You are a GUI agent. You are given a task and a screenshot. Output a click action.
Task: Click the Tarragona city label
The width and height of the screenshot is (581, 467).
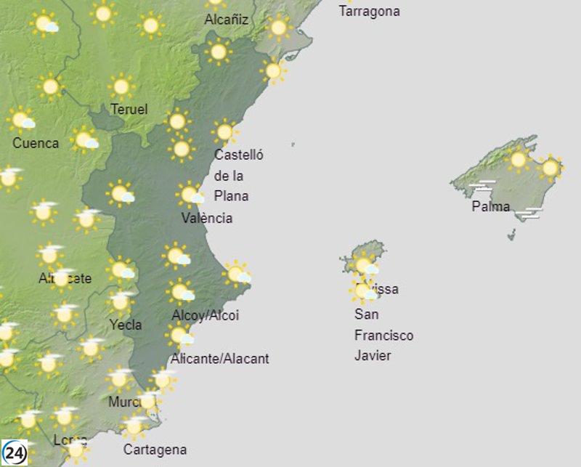coord(369,12)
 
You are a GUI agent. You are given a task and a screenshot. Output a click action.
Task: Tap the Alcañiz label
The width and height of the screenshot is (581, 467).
coord(227,20)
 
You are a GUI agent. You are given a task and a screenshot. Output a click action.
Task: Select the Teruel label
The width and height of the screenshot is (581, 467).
coord(129,110)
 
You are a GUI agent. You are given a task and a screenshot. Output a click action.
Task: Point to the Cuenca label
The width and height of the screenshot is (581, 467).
coord(36,143)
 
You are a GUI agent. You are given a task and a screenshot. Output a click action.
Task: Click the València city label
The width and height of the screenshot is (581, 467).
coord(207,218)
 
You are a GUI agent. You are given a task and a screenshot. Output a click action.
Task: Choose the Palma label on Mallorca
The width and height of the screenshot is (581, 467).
coord(491,206)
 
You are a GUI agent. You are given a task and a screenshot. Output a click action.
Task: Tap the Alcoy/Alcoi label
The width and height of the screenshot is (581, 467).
coord(205,315)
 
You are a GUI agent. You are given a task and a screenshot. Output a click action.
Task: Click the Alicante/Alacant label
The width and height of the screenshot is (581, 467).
coord(219,358)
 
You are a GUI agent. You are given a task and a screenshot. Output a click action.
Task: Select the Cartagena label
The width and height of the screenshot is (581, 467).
coord(155,450)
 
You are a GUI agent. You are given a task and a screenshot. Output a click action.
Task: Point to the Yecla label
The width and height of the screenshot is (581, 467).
coord(126,325)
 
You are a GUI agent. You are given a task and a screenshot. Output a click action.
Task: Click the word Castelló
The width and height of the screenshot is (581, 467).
coord(239,155)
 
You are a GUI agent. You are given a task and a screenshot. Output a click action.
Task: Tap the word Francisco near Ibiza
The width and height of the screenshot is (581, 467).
coord(383,336)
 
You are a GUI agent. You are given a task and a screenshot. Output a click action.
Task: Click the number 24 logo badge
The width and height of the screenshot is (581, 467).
coord(15,453)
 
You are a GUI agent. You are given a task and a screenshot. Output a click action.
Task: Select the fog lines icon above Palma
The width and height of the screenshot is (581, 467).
coord(483,187)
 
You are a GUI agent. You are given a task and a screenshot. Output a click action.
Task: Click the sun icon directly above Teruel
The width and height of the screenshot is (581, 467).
coord(121,87)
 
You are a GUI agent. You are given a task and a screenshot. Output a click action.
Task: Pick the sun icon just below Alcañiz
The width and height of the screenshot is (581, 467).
coord(218,51)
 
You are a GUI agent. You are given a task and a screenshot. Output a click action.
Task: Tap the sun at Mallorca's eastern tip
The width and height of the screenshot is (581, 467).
coord(550,168)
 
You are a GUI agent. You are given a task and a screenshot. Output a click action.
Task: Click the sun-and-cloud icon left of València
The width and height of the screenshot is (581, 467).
coord(121,194)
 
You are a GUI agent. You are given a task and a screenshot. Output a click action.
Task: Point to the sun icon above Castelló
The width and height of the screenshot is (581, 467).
coord(225,131)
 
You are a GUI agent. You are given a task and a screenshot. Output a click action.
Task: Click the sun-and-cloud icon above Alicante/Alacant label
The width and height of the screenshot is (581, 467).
coord(179,335)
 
